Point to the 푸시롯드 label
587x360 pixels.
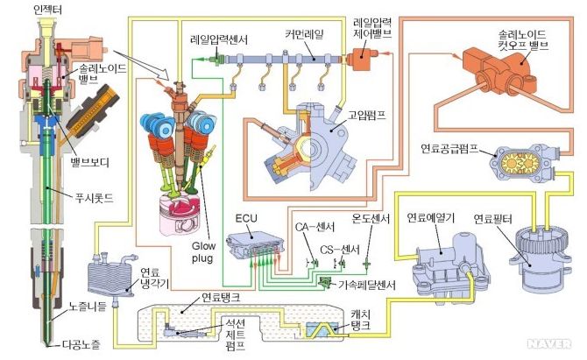coord(91,192)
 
